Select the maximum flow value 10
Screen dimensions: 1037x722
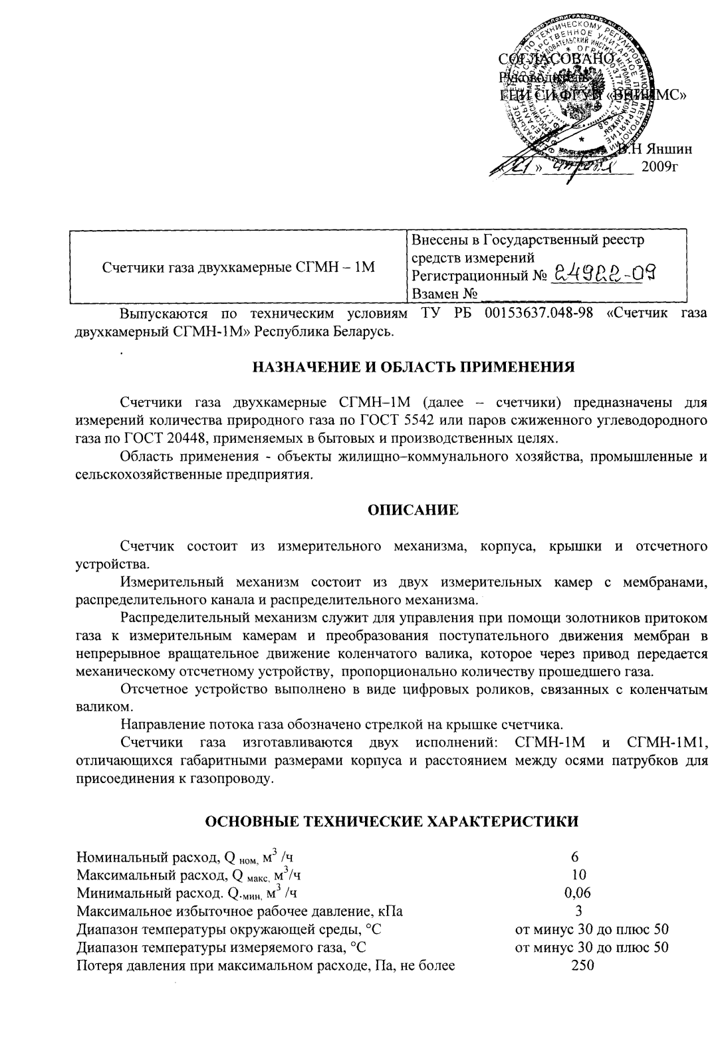tap(578, 874)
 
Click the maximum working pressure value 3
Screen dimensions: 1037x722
tap(578, 911)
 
